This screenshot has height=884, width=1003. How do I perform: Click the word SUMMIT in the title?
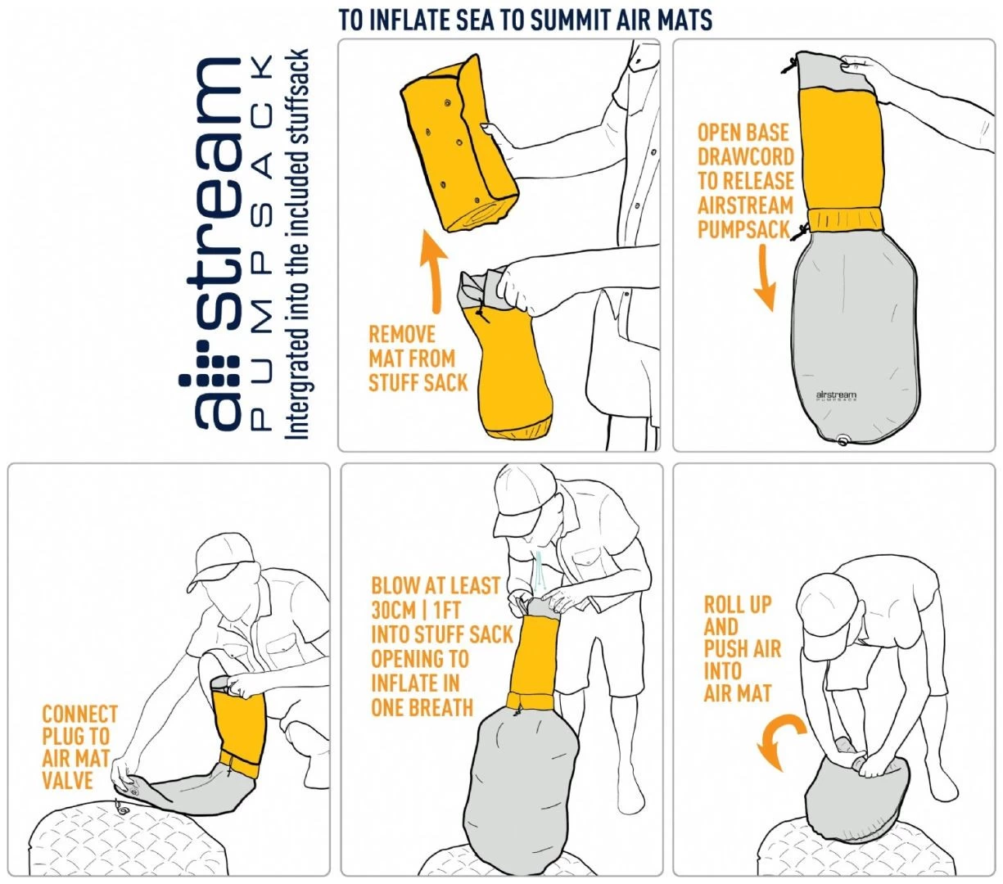pos(570,20)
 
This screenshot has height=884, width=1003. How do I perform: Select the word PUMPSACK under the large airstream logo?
pos(260,241)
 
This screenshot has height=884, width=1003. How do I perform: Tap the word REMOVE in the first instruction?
pos(401,335)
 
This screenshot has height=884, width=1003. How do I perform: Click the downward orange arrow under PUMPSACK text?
pos(766,277)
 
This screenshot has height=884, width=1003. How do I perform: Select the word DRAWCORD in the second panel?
pos(746,157)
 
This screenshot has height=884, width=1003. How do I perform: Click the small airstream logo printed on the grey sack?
pos(836,395)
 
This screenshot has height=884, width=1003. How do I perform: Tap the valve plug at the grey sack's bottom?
pos(842,440)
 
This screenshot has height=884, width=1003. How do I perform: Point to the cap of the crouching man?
pos(220,561)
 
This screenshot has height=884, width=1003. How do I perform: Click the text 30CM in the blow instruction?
pos(394,611)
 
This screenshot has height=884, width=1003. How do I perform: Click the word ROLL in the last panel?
pos(724,604)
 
